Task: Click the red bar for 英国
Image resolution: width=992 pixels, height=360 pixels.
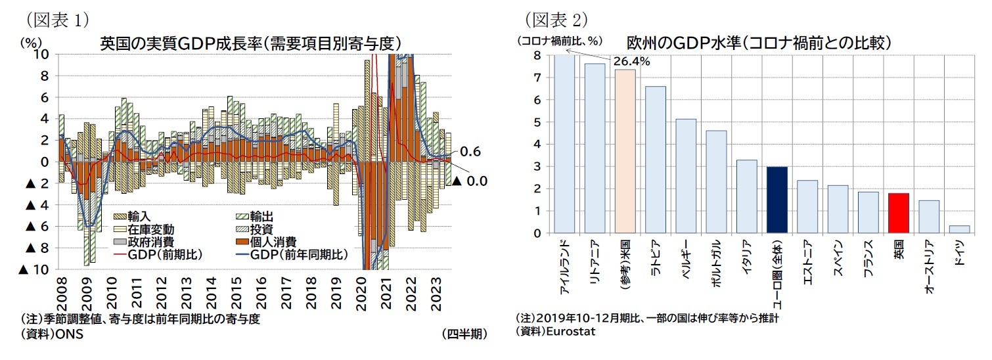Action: [x=898, y=213]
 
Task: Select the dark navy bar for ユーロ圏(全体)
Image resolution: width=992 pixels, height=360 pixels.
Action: [x=777, y=200]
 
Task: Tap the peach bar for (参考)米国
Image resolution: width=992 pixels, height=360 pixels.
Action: [x=625, y=151]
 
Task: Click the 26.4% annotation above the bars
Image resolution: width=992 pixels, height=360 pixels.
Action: [x=631, y=61]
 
